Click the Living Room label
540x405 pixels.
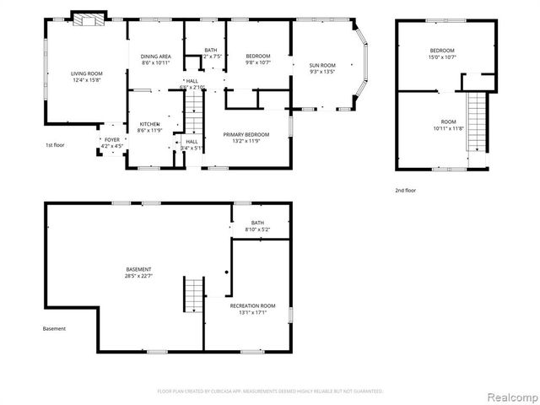(86, 74)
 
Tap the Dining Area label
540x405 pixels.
(155, 56)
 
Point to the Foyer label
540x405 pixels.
(111, 140)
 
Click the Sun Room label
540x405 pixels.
(322, 65)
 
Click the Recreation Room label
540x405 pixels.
(253, 305)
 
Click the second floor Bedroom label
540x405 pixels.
(442, 51)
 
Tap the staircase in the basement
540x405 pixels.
(193, 294)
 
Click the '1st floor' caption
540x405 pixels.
(56, 145)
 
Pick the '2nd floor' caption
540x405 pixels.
(406, 191)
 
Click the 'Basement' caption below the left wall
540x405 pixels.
(54, 329)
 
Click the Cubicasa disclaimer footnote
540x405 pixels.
(270, 391)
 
